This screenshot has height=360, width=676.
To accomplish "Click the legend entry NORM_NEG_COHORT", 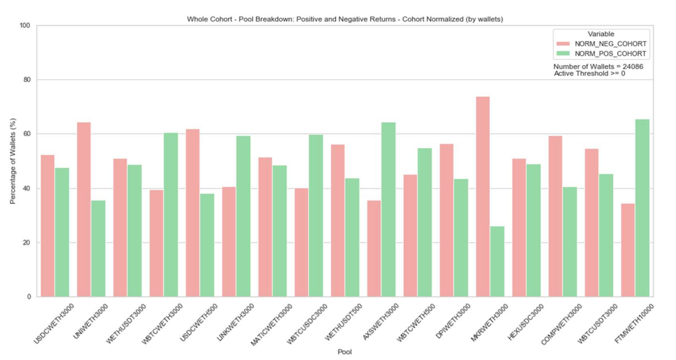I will click(x=610, y=44).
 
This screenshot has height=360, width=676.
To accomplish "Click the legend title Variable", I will click(x=601, y=34).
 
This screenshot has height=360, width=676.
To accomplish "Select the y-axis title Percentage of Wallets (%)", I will click(x=13, y=160).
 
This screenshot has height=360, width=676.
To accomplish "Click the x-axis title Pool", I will click(x=344, y=352).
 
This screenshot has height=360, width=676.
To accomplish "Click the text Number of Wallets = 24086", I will click(x=598, y=67).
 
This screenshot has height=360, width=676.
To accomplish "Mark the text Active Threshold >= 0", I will click(x=589, y=74).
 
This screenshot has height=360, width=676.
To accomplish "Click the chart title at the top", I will click(x=344, y=19).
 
